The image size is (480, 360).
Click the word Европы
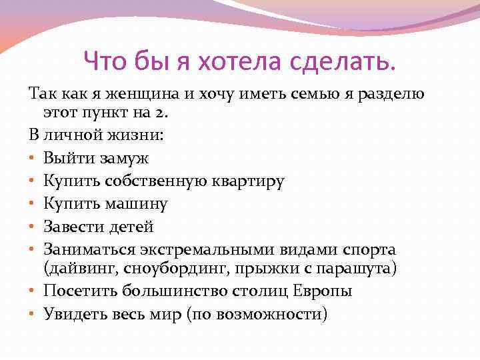tap(324, 291)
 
